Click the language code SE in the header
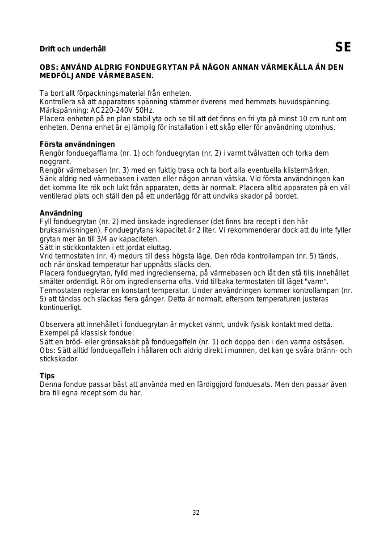pyautogui.click(x=343, y=47)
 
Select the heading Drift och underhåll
pyautogui.click(x=73, y=49)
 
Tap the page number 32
pyautogui.click(x=196, y=513)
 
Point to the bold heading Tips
pyautogui.click(x=47, y=376)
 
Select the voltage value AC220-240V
pyautogui.click(x=116, y=110)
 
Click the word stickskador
pyautogui.click(x=59, y=359)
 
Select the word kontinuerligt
pyautogui.click(x=61, y=307)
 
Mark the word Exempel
pyautogui.click(x=53, y=333)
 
